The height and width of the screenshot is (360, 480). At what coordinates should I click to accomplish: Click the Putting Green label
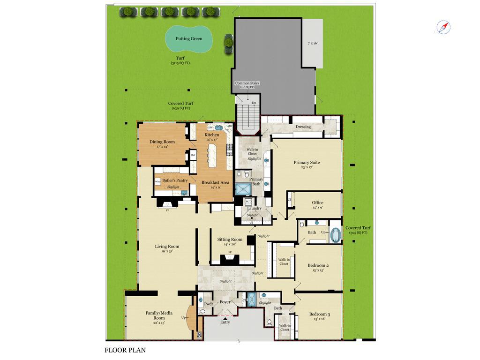189,39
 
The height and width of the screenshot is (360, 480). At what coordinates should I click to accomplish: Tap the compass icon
443,27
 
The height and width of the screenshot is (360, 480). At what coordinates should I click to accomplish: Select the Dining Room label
162,142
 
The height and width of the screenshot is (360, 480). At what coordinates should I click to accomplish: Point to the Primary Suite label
307,163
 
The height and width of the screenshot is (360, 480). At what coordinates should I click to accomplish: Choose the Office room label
317,203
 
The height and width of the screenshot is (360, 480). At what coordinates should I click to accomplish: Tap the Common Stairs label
247,83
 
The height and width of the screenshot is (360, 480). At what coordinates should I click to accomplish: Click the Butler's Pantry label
175,180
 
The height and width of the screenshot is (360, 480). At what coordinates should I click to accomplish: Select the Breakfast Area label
215,182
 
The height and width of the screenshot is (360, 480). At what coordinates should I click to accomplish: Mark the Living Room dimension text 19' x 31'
167,252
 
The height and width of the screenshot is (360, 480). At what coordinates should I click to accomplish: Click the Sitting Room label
230,240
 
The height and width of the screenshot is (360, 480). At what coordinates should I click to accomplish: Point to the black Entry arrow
225,318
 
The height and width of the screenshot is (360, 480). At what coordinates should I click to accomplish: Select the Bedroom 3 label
319,314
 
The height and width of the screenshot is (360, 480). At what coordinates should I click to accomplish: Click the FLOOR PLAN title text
125,350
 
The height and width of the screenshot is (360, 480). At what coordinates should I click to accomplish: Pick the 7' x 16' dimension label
312,43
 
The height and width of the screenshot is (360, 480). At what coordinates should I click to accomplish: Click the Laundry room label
254,208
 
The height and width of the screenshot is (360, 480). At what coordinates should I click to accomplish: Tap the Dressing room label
303,127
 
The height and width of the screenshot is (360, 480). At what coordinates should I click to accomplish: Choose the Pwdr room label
209,304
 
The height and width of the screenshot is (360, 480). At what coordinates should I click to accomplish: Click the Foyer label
225,302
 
